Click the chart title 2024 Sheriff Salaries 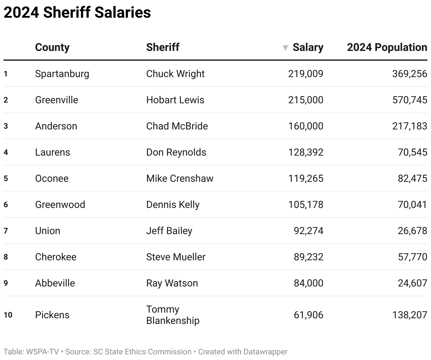(x=77, y=13)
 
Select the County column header (x=52, y=47)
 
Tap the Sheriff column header (x=163, y=47)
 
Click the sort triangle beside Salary (x=285, y=48)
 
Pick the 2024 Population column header (x=387, y=47)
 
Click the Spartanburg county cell (x=62, y=74)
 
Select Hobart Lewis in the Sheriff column (x=175, y=100)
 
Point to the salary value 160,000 (x=306, y=126)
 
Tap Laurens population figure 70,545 (x=412, y=152)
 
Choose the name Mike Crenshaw (x=179, y=179)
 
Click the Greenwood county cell (x=60, y=205)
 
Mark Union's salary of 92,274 (x=308, y=231)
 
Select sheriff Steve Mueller (x=176, y=257)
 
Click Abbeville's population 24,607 (x=412, y=283)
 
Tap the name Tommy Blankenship (x=173, y=315)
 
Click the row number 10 (x=8, y=315)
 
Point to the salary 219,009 (x=306, y=74)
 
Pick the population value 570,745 (x=409, y=100)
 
